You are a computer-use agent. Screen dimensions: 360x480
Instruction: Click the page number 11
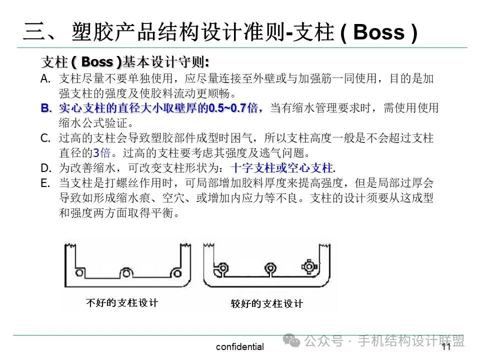point(446,347)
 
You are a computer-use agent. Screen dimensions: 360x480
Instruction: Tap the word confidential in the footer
point(239,347)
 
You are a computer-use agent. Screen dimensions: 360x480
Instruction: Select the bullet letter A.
point(45,78)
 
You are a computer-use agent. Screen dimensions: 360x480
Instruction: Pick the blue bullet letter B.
point(46,108)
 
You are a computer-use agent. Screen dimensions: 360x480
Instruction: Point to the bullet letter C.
point(45,138)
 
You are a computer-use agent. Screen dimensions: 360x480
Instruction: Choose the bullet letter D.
point(46,167)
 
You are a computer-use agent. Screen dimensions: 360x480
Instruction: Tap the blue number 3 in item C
point(96,153)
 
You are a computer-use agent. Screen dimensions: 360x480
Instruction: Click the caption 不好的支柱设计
point(122,302)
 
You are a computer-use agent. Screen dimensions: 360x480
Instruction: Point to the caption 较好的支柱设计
point(266,303)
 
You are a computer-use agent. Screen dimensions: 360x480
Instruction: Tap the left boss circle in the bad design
point(79,273)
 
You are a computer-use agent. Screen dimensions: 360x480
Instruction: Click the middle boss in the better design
point(270,268)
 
